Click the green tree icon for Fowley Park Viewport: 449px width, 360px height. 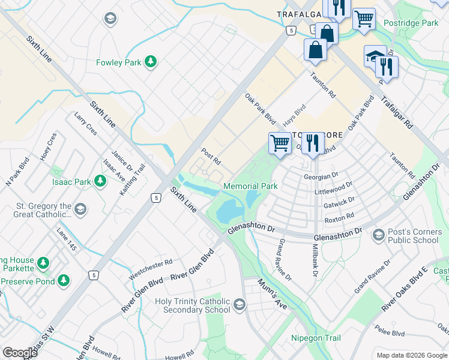click(x=151, y=62)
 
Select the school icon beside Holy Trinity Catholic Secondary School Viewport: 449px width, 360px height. click(x=240, y=305)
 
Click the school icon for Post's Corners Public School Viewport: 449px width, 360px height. click(x=378, y=233)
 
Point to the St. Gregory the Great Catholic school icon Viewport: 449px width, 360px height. click(x=80, y=209)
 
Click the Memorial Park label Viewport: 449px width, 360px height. click(x=250, y=186)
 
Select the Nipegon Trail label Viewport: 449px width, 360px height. click(x=316, y=338)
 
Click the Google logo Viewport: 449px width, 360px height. click(x=20, y=353)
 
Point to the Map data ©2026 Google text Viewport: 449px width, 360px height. click(x=411, y=355)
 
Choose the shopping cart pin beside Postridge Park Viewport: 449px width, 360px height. click(x=363, y=19)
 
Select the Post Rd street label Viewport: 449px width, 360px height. click(x=211, y=157)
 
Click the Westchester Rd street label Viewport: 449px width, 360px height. click(x=151, y=270)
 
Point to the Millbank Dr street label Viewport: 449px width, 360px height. click(x=315, y=259)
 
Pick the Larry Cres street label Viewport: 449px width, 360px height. click(x=85, y=122)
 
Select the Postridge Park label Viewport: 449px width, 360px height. click(x=412, y=23)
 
